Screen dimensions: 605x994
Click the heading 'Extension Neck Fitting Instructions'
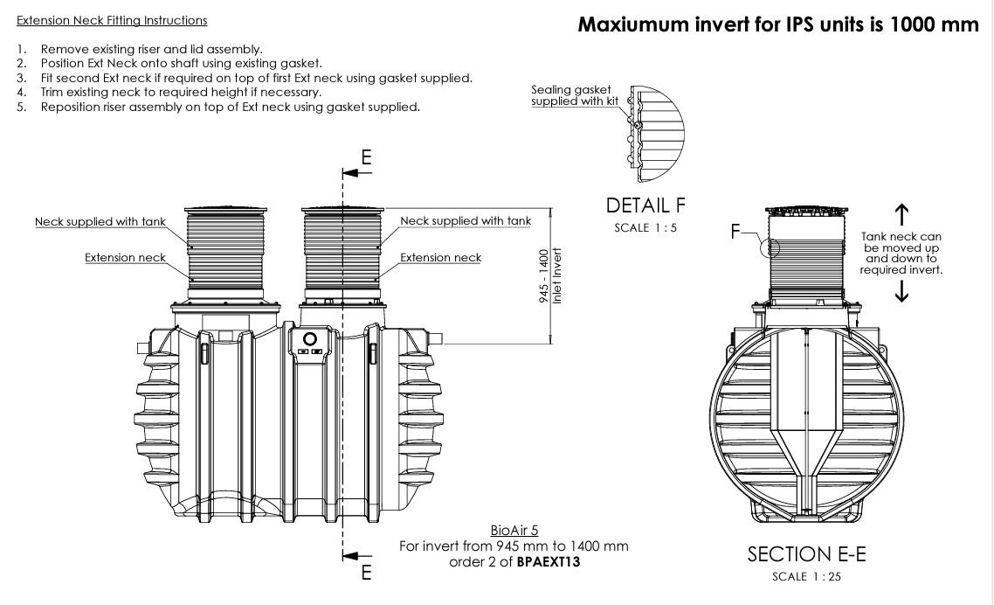112,20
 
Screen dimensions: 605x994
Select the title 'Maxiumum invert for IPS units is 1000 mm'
778,24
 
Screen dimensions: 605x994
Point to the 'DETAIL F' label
645,206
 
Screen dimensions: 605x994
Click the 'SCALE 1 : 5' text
645,228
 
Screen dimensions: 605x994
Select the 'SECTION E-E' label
806,554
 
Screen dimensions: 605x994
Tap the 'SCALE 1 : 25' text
806,576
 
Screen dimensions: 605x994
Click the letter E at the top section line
366,157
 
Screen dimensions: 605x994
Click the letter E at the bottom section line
366,574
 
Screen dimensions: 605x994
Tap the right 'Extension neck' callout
440,258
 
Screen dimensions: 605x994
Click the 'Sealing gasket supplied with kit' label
571,96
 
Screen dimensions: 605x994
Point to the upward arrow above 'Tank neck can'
902,214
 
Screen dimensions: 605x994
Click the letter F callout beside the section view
736,232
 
